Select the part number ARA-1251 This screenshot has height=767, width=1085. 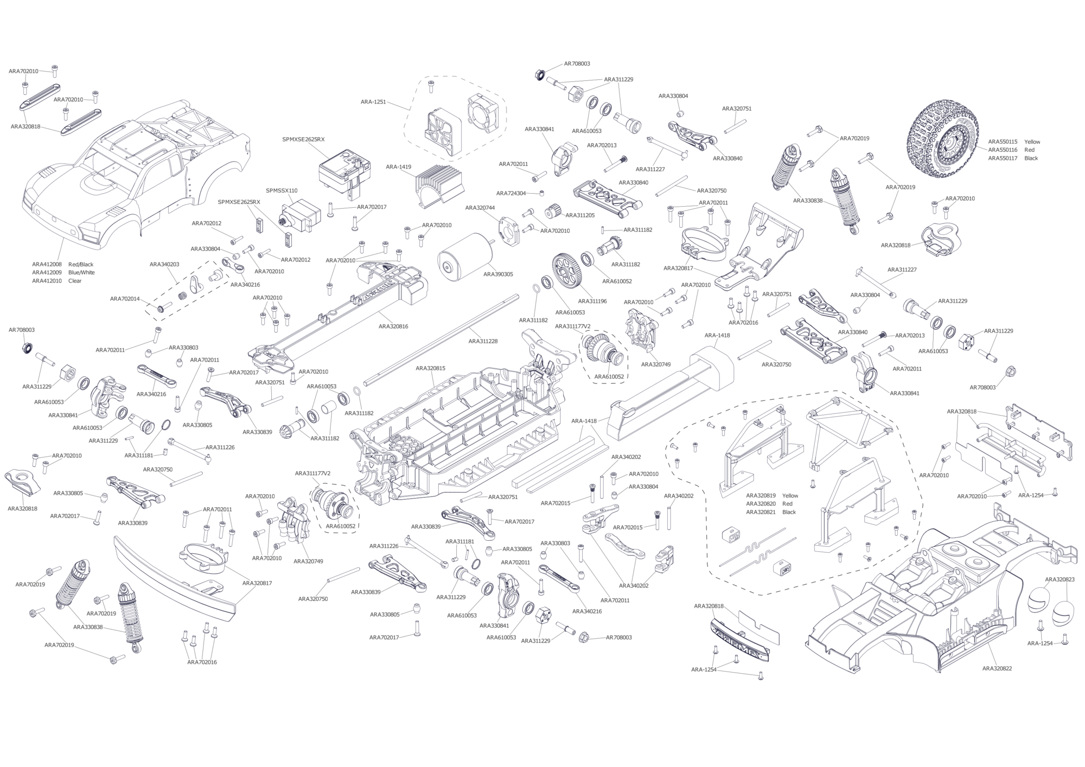373,101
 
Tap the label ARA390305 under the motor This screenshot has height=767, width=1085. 498,274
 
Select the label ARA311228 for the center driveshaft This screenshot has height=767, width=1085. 483,341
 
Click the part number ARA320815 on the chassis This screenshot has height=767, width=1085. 431,368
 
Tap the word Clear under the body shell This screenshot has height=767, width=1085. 75,281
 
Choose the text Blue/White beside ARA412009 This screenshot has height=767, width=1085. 81,272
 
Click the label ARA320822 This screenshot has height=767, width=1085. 997,668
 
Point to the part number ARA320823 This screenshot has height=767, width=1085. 1060,579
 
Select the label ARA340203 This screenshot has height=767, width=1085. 164,264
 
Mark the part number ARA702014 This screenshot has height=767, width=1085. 125,299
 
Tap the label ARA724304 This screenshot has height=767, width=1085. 511,193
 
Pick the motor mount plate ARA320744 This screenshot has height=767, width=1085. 510,233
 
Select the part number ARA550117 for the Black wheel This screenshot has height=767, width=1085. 1003,158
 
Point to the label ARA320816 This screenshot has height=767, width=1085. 393,327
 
